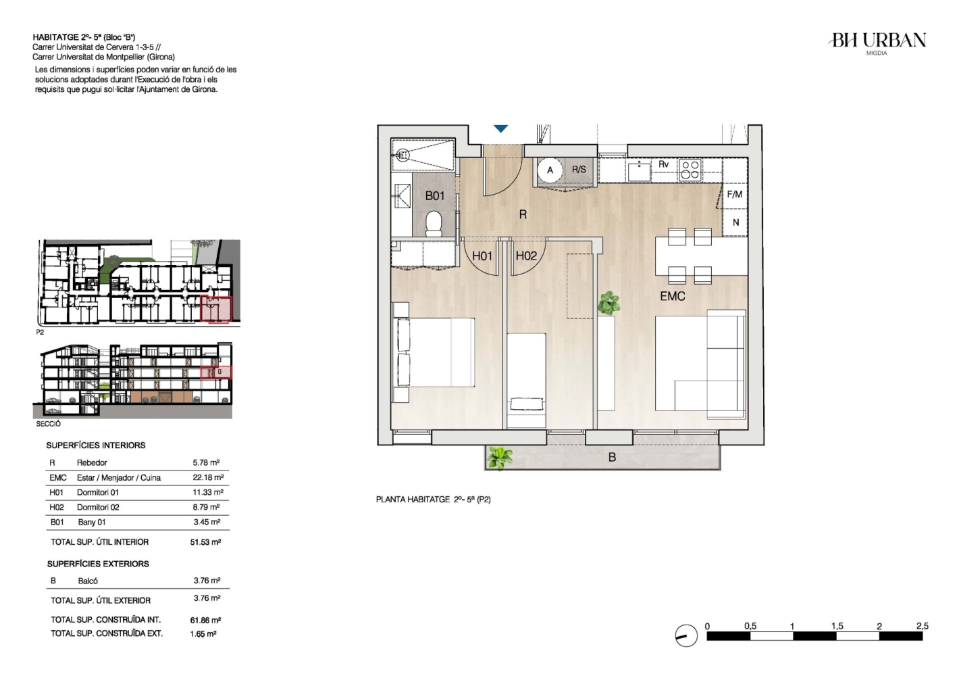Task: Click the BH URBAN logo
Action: click(878, 43)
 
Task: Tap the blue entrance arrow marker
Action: click(500, 128)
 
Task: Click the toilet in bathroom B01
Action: click(434, 223)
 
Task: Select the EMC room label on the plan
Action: click(672, 296)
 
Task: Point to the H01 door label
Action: click(482, 256)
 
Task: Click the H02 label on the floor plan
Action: click(526, 256)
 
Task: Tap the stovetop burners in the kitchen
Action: click(690, 169)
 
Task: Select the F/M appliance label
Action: click(735, 194)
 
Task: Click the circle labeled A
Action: click(550, 170)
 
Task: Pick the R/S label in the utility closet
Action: click(579, 169)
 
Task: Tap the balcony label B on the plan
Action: click(613, 458)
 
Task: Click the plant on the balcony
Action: click(500, 458)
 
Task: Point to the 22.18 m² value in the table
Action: click(208, 477)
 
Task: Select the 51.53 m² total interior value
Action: click(205, 542)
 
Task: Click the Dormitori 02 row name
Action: click(98, 507)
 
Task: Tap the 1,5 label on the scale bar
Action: click(837, 626)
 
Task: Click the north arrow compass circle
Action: click(686, 635)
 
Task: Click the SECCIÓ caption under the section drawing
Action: click(49, 424)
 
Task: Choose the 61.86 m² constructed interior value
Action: click(205, 620)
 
